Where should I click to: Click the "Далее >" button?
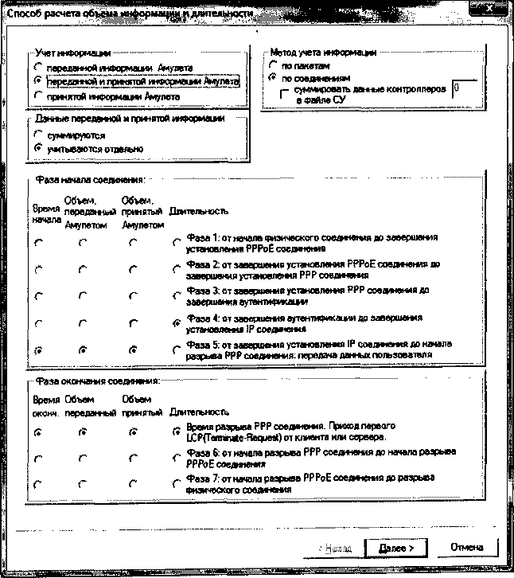[x=395, y=548]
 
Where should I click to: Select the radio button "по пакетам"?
[x=275, y=66]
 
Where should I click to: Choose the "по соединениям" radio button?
[x=275, y=78]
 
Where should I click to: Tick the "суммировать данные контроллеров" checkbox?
[x=286, y=93]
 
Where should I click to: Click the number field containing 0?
[x=464, y=91]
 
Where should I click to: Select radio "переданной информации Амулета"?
[x=37, y=68]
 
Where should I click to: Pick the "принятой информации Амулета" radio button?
[x=37, y=96]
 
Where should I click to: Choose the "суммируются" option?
[x=37, y=135]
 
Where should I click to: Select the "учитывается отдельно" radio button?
[x=37, y=148]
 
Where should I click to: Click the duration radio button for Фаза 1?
[x=176, y=242]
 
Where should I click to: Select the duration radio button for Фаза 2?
[x=176, y=269]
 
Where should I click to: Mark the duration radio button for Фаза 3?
[x=176, y=295]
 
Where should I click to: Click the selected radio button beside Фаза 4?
[x=176, y=322]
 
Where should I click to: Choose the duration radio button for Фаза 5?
[x=176, y=350]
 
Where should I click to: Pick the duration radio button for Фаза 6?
[x=176, y=458]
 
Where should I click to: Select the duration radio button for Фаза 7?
[x=176, y=484]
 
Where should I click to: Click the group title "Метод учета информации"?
[x=323, y=53]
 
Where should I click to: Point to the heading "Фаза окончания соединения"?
[x=94, y=381]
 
